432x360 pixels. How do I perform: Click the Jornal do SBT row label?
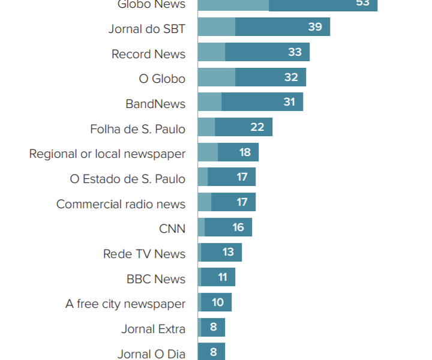point(147,28)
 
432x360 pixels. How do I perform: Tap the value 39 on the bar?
point(315,27)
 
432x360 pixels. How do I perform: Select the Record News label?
point(148,54)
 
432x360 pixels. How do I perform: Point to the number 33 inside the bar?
point(295,52)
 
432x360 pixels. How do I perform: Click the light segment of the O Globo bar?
point(216,77)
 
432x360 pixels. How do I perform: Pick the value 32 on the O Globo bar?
point(291,77)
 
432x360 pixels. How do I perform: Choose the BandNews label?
point(155,104)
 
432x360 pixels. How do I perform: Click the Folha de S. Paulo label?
point(137,129)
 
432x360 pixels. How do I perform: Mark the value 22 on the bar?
point(257,127)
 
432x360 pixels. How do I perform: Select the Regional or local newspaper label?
point(107,154)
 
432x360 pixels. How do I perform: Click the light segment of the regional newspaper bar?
point(208,152)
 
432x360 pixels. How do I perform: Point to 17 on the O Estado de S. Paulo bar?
point(242,177)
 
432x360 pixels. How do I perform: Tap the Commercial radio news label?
point(121,204)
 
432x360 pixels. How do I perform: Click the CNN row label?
point(172,229)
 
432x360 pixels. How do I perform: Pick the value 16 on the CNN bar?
point(238,227)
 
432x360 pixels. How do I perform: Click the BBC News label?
point(156,279)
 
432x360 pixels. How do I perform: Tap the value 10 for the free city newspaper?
point(218,302)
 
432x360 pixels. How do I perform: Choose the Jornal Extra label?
point(153,329)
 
